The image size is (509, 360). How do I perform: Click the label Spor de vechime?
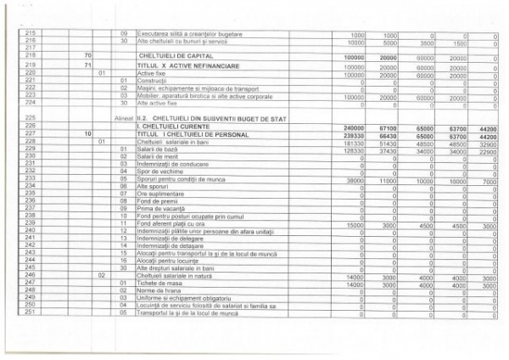pyautogui.click(x=157, y=171)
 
